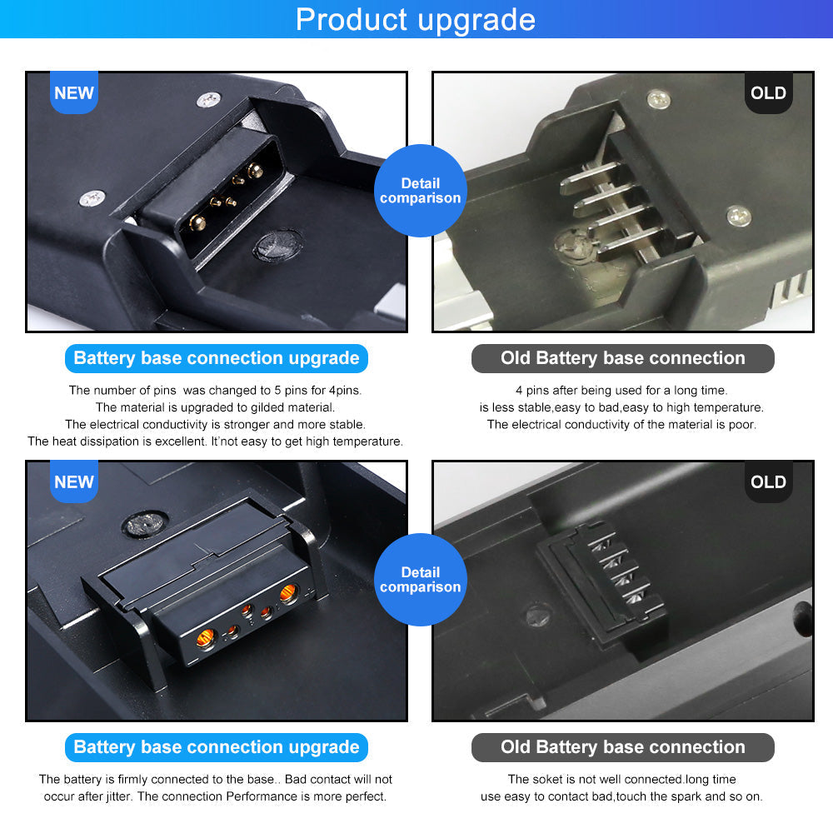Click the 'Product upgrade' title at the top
point(416,20)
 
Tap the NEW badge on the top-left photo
point(74,92)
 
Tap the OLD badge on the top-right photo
point(768,92)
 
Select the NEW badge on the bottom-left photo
point(74,481)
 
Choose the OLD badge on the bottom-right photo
point(768,481)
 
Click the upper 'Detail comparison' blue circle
point(420,191)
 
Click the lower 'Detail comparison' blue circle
point(420,580)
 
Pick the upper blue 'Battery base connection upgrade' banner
point(217,358)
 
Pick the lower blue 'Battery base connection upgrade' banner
point(217,747)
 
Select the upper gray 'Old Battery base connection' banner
point(622,358)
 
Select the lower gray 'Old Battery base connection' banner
point(622,747)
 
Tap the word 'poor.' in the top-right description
point(742,425)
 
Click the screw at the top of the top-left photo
point(209,99)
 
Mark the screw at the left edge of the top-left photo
point(92,199)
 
